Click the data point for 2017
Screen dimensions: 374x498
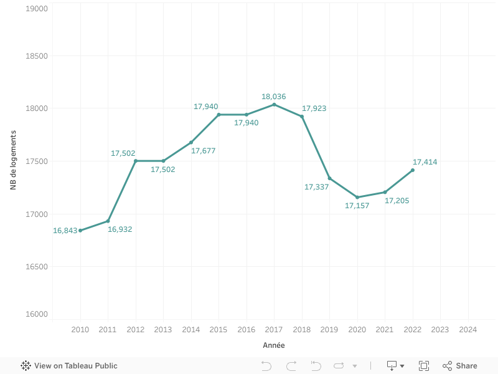click(274, 104)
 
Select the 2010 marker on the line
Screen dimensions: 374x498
click(80, 231)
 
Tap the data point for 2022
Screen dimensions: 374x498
click(413, 170)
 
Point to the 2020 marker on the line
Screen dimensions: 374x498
click(357, 197)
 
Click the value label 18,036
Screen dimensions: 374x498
click(274, 97)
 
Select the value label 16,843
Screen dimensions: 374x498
click(65, 231)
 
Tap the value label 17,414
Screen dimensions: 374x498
click(425, 162)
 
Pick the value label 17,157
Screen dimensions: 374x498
click(357, 206)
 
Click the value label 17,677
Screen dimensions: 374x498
click(204, 151)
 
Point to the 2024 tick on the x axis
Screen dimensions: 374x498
click(467, 330)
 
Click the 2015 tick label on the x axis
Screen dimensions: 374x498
click(218, 330)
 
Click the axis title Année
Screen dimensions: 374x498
click(274, 345)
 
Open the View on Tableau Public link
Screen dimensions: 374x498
click(69, 366)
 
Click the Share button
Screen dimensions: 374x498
click(460, 366)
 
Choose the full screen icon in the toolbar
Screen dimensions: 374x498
click(424, 366)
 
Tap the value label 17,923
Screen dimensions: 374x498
click(314, 108)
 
